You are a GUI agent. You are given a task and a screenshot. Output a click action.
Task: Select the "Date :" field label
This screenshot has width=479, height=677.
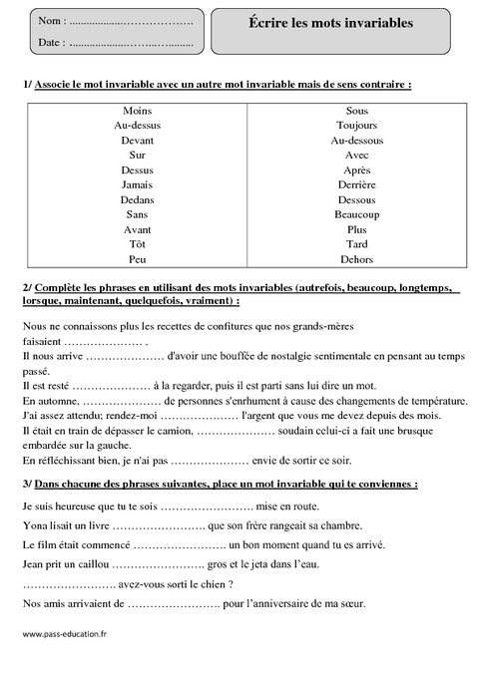pyautogui.click(x=51, y=42)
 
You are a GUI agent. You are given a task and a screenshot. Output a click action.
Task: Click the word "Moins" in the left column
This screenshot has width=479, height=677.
pyautogui.click(x=138, y=111)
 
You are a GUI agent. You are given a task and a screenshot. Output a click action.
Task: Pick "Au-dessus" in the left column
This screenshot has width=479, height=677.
pyautogui.click(x=138, y=126)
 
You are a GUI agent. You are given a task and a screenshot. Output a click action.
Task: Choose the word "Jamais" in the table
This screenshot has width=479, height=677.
pyautogui.click(x=138, y=184)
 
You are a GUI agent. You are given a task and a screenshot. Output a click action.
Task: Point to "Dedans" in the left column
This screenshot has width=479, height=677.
pyautogui.click(x=138, y=199)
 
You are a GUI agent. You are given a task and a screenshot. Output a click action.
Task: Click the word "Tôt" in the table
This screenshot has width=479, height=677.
pyautogui.click(x=138, y=244)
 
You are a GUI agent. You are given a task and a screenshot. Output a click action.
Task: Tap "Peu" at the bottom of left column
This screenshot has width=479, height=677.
pyautogui.click(x=138, y=259)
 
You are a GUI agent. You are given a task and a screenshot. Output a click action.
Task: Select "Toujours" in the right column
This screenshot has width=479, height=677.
pyautogui.click(x=356, y=126)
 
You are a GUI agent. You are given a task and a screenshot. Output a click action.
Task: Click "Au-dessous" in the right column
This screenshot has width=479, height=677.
pyautogui.click(x=356, y=141)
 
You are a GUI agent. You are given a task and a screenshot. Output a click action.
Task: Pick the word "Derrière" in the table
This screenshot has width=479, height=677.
pyautogui.click(x=356, y=184)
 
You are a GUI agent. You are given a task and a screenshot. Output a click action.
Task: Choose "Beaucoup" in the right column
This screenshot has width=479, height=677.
pyautogui.click(x=356, y=214)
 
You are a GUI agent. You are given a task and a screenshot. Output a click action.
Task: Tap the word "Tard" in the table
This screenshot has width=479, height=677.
pyautogui.click(x=356, y=244)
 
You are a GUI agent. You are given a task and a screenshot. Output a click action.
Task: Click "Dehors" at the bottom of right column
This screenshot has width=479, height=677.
pyautogui.click(x=356, y=259)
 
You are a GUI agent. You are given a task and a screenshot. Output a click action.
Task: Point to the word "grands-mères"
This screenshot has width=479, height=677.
pyautogui.click(x=326, y=325)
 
